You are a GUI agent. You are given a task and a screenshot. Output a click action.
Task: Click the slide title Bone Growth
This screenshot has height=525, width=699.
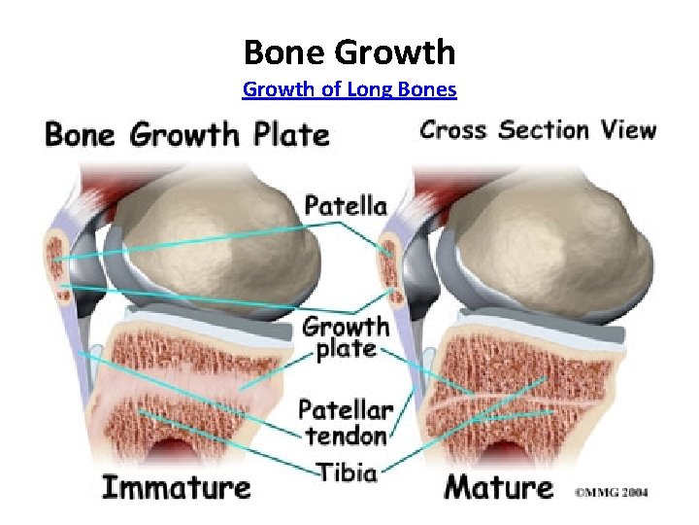349,51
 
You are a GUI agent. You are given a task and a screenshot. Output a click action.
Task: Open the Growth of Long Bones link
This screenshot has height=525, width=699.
349,90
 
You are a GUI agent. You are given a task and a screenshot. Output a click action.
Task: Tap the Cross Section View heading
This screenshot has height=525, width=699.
537,130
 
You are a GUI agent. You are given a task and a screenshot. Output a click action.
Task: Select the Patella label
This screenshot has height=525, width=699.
346,205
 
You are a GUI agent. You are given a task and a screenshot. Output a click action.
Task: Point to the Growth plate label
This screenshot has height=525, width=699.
346,336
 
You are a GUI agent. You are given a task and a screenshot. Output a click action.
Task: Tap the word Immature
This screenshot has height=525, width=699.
177,486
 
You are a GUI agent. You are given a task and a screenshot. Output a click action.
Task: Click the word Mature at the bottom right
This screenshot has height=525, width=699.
498,486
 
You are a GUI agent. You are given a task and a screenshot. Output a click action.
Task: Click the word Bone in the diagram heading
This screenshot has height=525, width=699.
82,134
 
